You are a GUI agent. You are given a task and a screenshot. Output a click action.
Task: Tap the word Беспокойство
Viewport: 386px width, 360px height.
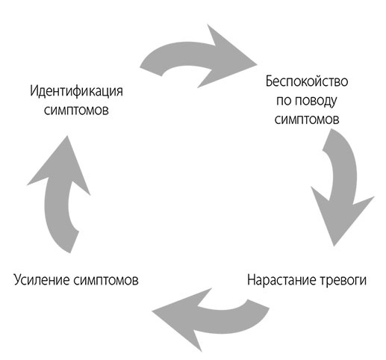point(307,80)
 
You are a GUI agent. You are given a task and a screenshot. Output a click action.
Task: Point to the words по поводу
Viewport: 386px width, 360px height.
point(307,99)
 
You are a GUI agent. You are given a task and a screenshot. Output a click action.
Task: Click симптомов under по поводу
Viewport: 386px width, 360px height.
point(307,119)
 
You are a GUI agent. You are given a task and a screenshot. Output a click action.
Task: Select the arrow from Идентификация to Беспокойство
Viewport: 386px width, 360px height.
point(194,56)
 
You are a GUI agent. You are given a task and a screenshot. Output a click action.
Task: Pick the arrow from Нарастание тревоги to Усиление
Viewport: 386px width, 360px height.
point(202,310)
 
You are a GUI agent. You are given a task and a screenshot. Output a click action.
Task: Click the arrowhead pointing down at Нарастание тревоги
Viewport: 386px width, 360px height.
point(344,224)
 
